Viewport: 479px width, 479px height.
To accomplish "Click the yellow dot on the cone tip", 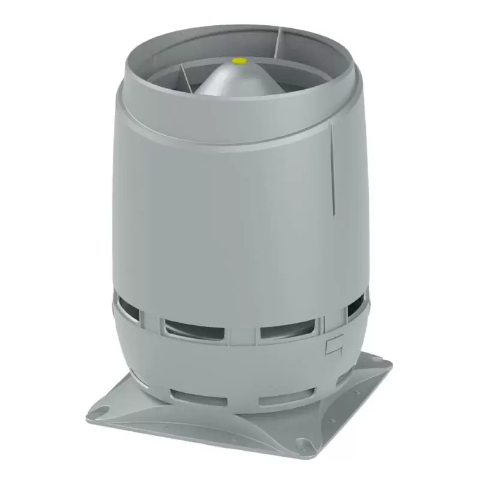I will [239, 61].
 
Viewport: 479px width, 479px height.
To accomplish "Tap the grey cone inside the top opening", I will [239, 81].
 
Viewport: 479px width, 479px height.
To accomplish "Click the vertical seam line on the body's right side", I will [332, 168].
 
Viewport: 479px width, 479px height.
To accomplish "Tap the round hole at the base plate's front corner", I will [307, 444].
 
